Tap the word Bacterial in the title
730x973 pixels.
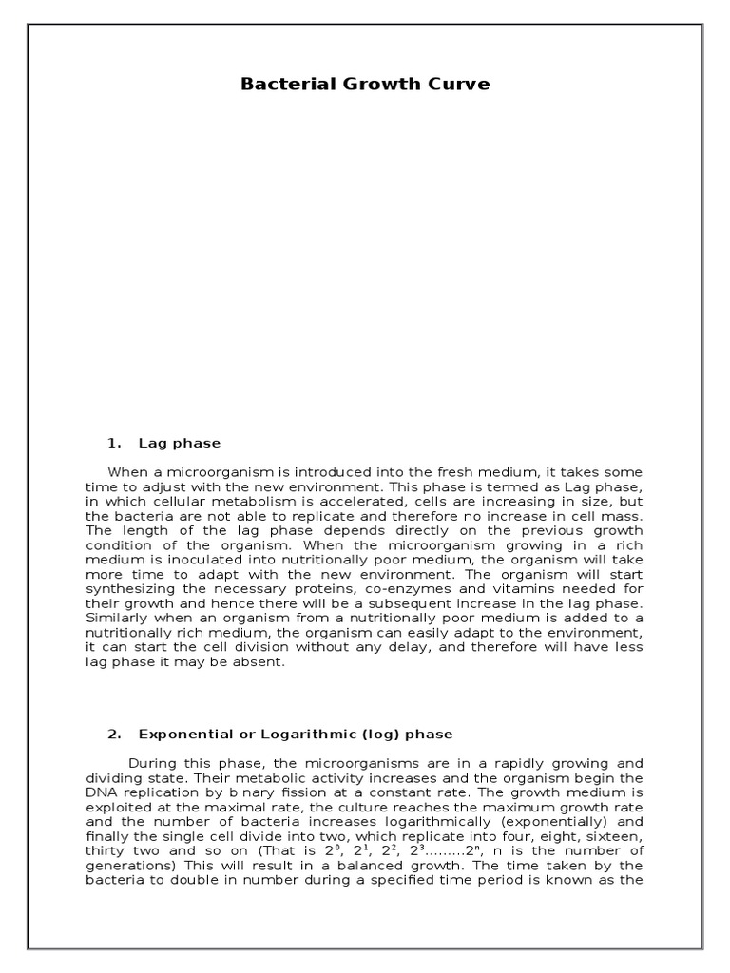click(x=279, y=84)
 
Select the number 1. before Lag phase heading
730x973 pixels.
click(x=116, y=443)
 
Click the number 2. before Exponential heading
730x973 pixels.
click(x=116, y=735)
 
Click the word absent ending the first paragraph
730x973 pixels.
click(x=259, y=662)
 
